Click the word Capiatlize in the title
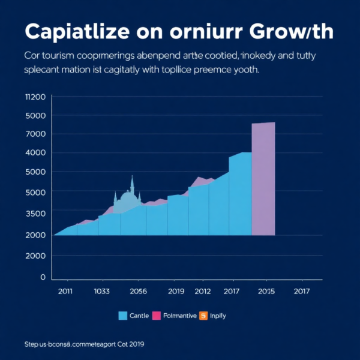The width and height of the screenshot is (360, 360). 75,32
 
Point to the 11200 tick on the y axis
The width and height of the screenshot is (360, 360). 35,97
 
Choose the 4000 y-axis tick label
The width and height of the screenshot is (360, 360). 35,152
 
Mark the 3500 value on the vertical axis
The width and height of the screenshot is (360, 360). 35,213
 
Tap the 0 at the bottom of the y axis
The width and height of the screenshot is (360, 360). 43,277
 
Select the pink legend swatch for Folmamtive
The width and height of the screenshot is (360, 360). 157,316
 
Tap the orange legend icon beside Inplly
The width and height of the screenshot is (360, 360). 203,316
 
